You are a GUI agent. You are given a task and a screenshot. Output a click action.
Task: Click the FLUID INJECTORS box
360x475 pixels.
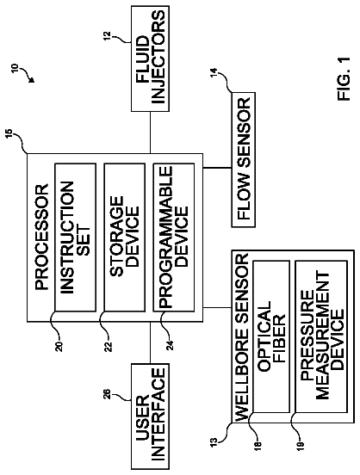point(150,59)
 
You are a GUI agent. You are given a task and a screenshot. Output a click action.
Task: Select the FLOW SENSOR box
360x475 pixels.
point(243,160)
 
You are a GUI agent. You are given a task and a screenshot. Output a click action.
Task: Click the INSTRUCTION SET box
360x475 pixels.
point(76,237)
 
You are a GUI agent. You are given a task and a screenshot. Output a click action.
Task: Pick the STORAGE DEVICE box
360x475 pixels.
point(125,237)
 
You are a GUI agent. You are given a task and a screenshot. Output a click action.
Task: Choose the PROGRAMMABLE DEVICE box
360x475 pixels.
point(174,237)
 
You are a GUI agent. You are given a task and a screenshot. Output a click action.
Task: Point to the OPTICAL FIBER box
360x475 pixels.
point(271,336)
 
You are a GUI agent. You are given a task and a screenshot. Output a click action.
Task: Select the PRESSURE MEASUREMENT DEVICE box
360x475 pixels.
point(321,336)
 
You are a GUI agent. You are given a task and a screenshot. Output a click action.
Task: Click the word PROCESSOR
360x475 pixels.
point(41,237)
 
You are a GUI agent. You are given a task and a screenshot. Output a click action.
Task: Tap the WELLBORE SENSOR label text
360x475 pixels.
point(242,336)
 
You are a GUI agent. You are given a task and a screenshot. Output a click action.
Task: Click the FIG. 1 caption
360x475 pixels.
point(344,79)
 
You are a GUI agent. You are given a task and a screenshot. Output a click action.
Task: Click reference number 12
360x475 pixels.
point(109,36)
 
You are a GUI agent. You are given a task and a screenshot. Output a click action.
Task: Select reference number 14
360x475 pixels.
point(214,72)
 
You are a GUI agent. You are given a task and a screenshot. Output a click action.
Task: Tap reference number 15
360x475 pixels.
point(9,133)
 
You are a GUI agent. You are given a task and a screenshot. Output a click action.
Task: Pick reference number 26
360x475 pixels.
point(109,395)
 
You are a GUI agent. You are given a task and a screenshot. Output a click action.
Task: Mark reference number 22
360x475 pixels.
point(109,346)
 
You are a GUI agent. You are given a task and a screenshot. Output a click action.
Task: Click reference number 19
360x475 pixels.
point(301,444)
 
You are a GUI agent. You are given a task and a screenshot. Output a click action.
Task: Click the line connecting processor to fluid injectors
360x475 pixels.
point(150,133)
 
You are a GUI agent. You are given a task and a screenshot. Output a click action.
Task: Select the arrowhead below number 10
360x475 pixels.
point(31,79)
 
